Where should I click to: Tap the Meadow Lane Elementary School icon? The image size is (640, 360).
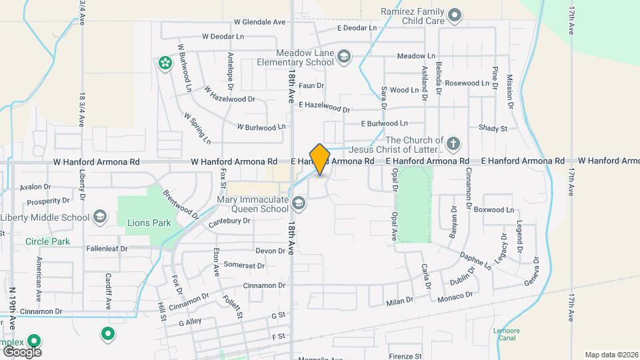coord(344,55)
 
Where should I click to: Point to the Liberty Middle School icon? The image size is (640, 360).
coord(99,216)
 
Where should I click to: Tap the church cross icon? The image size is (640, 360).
coord(453,143)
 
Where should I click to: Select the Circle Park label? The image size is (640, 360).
coord(47,241)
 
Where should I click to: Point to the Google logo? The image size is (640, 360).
coord(22,351)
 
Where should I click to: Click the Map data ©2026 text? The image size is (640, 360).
coord(611,355)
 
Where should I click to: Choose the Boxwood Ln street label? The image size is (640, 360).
coord(494,209)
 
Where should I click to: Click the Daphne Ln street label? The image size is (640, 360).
coord(475,259)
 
